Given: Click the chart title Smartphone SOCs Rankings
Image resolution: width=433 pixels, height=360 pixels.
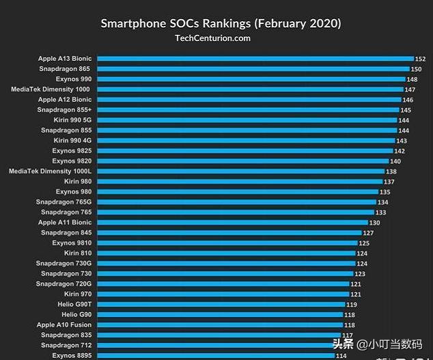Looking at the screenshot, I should pyautogui.click(x=221, y=23).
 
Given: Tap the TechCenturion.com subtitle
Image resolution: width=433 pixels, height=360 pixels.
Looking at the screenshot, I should pyautogui.click(x=213, y=38).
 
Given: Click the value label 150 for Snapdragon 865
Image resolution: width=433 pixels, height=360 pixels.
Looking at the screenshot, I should pyautogui.click(x=416, y=69).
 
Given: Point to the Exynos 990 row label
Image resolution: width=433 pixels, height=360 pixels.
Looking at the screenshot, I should pyautogui.click(x=73, y=79).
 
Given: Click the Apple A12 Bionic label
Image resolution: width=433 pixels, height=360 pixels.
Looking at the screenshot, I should pyautogui.click(x=65, y=100).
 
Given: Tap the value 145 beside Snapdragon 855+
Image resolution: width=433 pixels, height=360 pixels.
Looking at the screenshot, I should pyautogui.click(x=406, y=110).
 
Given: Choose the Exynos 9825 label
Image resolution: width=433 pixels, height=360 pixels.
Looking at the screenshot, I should pyautogui.click(x=72, y=151).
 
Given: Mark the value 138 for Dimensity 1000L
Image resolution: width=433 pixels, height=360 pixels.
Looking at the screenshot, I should pyautogui.click(x=391, y=171).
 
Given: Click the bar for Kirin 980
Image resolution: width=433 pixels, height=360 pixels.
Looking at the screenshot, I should pyautogui.click(x=240, y=182).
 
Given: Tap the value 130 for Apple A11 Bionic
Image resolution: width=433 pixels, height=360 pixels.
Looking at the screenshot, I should pyautogui.click(x=374, y=223).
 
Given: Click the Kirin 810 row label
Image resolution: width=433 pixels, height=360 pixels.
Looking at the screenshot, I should pyautogui.click(x=78, y=253).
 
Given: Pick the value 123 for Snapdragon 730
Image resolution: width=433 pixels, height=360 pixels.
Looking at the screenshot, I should pyautogui.click(x=359, y=274).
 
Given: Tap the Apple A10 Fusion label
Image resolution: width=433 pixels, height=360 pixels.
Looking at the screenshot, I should pyautogui.click(x=64, y=325).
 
